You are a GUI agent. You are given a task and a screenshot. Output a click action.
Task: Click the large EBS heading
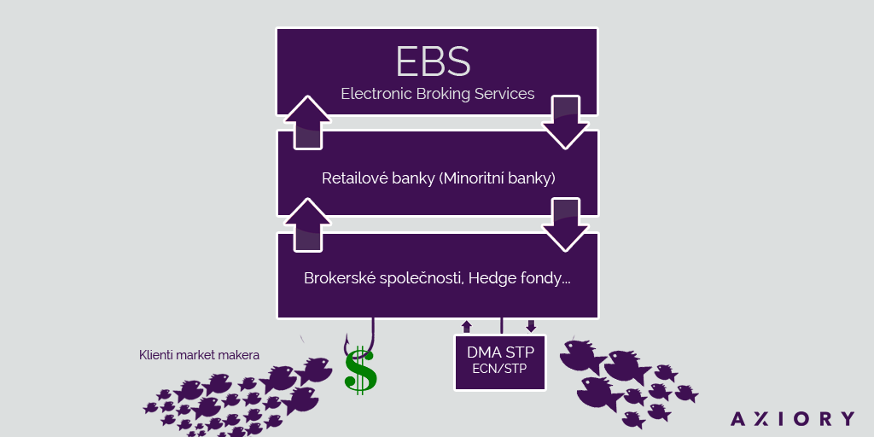(x=433, y=61)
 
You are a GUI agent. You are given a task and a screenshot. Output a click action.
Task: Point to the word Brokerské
(x=332, y=278)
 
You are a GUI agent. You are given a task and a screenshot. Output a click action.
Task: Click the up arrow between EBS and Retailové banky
(x=307, y=122)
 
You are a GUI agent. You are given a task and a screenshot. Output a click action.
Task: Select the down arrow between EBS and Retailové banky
(x=565, y=122)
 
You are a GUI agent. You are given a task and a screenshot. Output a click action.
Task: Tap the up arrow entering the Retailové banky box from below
(x=307, y=224)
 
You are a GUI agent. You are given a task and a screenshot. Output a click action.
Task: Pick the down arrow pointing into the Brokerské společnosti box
(x=565, y=224)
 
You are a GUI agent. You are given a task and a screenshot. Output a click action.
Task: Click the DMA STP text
(x=500, y=353)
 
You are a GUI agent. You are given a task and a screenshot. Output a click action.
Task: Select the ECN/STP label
(x=500, y=369)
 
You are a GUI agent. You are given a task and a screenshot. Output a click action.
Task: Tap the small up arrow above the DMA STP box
(x=467, y=326)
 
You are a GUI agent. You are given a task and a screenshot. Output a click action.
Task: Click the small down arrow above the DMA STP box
(x=531, y=326)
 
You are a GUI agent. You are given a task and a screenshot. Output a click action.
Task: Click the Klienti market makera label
(x=199, y=355)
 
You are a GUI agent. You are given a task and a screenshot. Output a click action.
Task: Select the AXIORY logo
(x=792, y=418)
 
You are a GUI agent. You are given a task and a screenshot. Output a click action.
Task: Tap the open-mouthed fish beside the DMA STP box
(x=581, y=356)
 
